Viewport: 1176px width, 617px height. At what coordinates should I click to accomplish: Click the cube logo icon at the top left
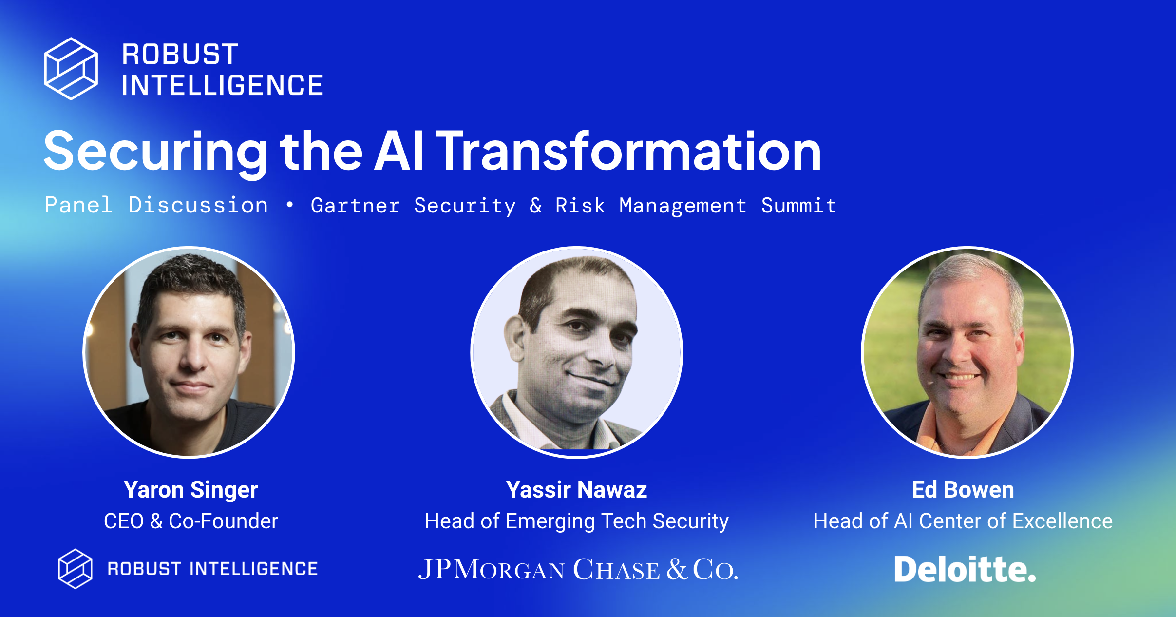click(x=71, y=69)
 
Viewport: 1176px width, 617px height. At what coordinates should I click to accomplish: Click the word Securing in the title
click(x=155, y=152)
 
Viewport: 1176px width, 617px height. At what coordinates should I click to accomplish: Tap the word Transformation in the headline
click(x=628, y=152)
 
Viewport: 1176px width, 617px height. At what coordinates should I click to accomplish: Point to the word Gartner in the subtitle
click(x=355, y=206)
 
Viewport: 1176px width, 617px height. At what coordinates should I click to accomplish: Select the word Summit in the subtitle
click(x=799, y=206)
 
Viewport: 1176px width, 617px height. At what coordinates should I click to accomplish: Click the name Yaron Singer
click(x=191, y=490)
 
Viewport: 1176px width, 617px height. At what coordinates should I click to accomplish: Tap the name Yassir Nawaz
click(x=577, y=490)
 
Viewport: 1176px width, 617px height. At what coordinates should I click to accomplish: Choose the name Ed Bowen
click(x=963, y=490)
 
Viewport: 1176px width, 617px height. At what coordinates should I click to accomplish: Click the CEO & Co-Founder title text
click(x=191, y=521)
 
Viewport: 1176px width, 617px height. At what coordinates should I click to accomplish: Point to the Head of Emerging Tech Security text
click(x=577, y=521)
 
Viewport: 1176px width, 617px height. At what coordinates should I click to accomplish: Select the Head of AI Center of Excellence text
click(x=963, y=521)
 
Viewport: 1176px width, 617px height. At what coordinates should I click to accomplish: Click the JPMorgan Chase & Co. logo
click(x=578, y=569)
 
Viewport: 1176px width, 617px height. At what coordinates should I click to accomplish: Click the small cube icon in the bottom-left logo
click(x=75, y=569)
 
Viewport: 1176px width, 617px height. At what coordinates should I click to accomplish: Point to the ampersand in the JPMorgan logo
click(x=677, y=569)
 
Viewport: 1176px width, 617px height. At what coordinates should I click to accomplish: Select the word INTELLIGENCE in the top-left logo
click(x=223, y=86)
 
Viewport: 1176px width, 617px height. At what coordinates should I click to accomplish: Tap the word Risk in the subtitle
click(x=580, y=206)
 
